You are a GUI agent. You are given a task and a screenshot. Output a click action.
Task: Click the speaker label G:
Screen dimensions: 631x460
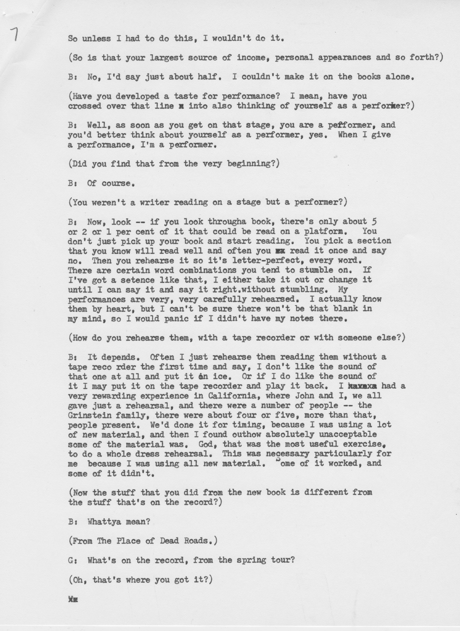(73, 560)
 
